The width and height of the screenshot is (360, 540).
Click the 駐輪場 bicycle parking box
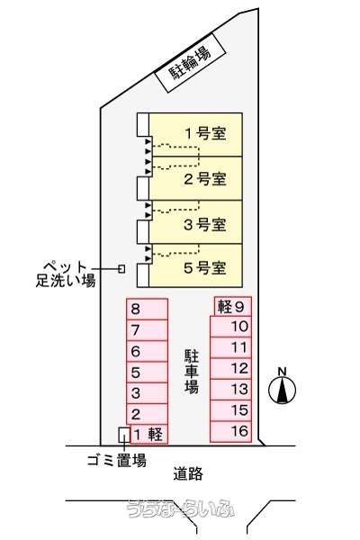pos(190,63)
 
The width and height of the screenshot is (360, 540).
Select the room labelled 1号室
pos(196,135)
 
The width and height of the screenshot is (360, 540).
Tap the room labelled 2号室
pos(196,178)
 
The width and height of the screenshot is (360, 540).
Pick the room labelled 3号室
pos(196,222)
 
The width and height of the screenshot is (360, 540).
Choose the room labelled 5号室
pos(196,265)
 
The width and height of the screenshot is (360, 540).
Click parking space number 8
pos(147,309)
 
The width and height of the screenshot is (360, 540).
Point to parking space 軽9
pos(232,306)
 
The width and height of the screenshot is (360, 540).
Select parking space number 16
pos(230,432)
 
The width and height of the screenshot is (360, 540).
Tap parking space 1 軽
pos(149,434)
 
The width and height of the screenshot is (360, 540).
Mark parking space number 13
pos(230,390)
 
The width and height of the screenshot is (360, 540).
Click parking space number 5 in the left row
pos(147,373)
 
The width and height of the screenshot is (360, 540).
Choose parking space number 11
pos(230,347)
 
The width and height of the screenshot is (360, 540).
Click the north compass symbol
pos(282,387)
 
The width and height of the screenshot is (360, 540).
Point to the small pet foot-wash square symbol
pos(121,268)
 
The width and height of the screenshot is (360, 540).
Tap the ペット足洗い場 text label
pos(66,274)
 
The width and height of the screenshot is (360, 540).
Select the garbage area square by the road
pos(124,435)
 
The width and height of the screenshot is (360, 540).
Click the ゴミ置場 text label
pos(117,461)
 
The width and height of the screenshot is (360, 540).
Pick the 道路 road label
pos(188,474)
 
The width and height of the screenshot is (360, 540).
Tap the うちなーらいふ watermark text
pos(181,508)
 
